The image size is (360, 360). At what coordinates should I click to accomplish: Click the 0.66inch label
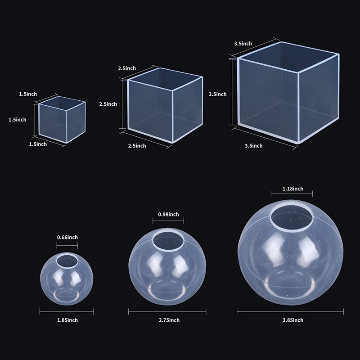[x=67, y=237]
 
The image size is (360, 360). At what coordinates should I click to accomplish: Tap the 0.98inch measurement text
[x=168, y=214]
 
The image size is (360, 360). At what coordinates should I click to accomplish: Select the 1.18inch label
[x=293, y=189]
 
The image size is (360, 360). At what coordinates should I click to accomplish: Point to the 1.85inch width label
[x=67, y=320]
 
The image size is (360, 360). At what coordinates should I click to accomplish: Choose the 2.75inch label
[x=169, y=320]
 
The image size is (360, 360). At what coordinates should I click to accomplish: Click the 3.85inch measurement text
[x=293, y=320]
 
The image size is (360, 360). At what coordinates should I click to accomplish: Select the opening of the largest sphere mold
[x=291, y=217]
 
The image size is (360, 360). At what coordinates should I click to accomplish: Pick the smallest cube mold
[x=62, y=120]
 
